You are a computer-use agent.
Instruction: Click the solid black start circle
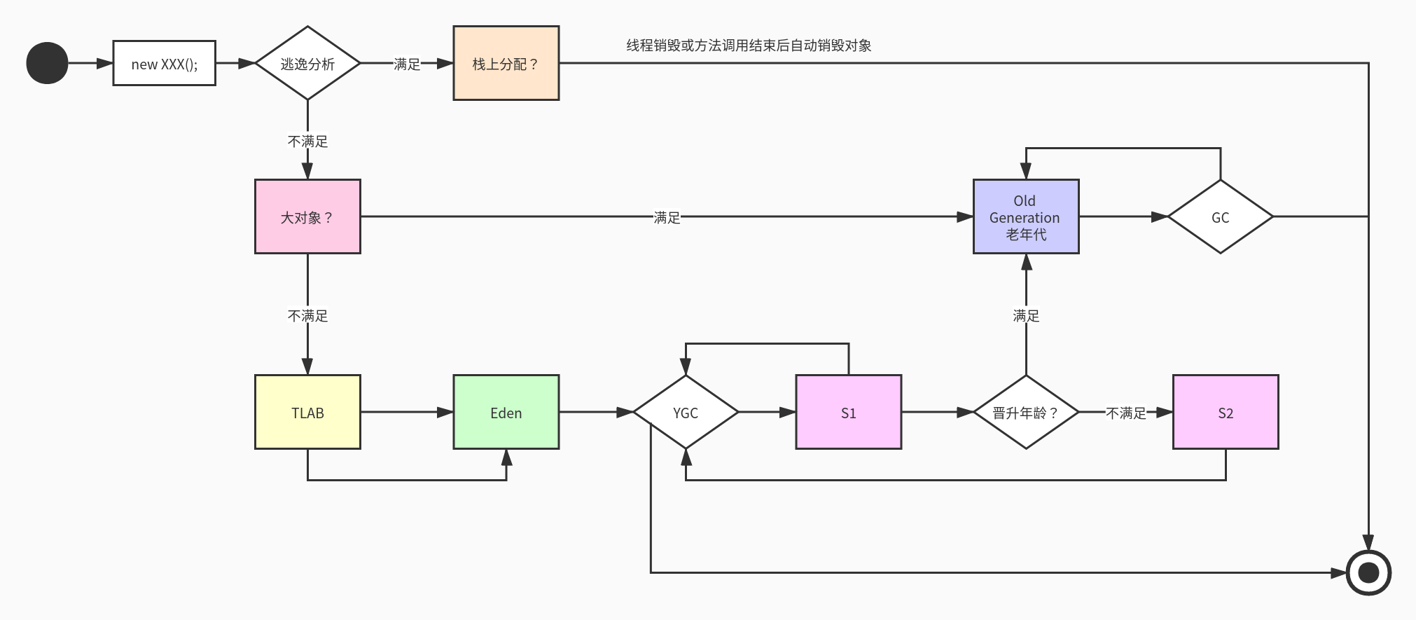(47, 63)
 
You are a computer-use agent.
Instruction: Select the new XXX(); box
(165, 64)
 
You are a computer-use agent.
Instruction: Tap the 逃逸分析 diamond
(307, 64)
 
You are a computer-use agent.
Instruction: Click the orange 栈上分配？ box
(506, 64)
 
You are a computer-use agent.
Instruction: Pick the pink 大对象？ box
(307, 216)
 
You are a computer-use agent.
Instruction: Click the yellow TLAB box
(307, 412)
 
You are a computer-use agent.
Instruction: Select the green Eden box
(506, 412)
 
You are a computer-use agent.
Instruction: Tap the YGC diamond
(686, 412)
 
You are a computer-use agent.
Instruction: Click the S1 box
(848, 412)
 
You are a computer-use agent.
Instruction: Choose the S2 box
(1226, 412)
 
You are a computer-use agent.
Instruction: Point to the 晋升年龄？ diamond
(1026, 412)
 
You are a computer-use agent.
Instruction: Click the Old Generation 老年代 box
(1026, 216)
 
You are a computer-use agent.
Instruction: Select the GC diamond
(1220, 217)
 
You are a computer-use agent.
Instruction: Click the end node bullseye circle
(1368, 573)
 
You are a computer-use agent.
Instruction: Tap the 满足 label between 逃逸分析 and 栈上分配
(407, 64)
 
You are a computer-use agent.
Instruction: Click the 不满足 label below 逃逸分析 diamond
(307, 142)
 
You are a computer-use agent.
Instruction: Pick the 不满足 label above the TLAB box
(307, 316)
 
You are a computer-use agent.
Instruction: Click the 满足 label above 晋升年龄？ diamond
(1026, 316)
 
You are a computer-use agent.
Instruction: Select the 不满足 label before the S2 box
(1126, 413)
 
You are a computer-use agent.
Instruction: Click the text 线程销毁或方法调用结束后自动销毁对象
(749, 46)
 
